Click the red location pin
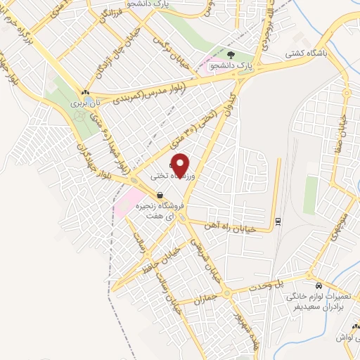point(181,165)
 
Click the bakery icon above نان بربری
point(85,92)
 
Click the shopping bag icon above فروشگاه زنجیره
point(160,195)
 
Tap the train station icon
point(278,221)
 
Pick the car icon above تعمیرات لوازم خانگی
point(320,286)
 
